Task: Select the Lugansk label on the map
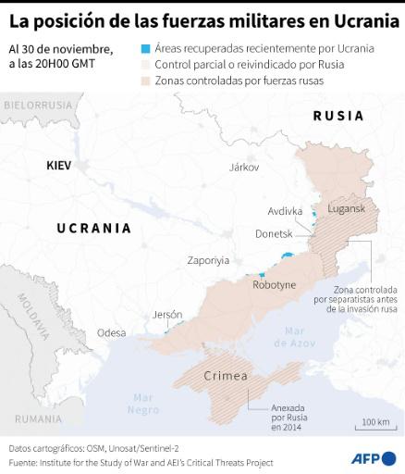point(347,211)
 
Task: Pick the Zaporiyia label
point(208,260)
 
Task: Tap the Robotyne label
point(274,285)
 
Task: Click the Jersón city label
point(167,314)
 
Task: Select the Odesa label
point(111,332)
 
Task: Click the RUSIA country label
point(337,116)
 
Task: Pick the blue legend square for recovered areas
point(145,48)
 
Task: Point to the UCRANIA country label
point(93,228)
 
